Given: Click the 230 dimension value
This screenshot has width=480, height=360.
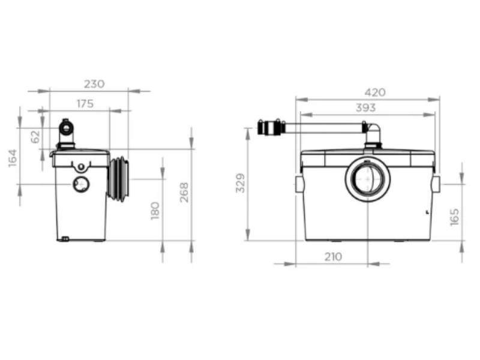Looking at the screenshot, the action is [94, 84].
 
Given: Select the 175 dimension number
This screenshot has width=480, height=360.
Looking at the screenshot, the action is [85, 104].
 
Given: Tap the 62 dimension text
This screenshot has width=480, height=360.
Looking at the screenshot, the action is [35, 137].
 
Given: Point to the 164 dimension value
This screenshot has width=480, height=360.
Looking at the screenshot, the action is [13, 158].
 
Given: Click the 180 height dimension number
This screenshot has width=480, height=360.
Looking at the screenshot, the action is [155, 211].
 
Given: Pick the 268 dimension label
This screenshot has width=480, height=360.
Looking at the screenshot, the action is [184, 192].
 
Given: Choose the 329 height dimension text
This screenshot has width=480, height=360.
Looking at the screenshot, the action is [241, 183].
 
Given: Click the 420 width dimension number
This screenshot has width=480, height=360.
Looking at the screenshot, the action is [375, 92].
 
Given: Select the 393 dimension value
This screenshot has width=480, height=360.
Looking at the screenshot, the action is [365, 108].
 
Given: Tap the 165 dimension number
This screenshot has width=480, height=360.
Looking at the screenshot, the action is [455, 217].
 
